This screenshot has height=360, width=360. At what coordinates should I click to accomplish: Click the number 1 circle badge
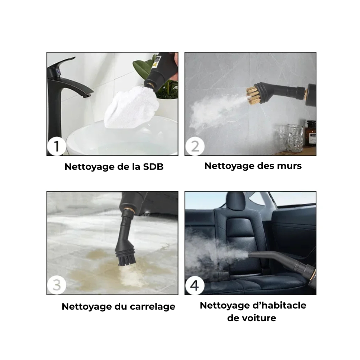pos(57,146)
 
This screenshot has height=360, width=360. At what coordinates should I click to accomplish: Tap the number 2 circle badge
pos(195,146)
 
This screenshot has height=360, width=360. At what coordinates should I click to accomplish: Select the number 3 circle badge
pos(57,285)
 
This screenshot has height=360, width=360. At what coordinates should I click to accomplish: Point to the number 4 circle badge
pos(195,285)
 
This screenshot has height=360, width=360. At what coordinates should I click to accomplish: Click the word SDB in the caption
pos(153,167)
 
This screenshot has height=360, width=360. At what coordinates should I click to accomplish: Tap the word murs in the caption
pos(289,166)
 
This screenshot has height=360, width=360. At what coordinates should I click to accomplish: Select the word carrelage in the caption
pos(152,307)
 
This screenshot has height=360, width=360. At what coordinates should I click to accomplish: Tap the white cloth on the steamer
pos(131,107)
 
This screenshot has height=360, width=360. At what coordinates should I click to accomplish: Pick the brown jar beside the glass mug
pos(311,134)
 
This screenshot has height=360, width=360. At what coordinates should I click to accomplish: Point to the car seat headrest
pos(236,201)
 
